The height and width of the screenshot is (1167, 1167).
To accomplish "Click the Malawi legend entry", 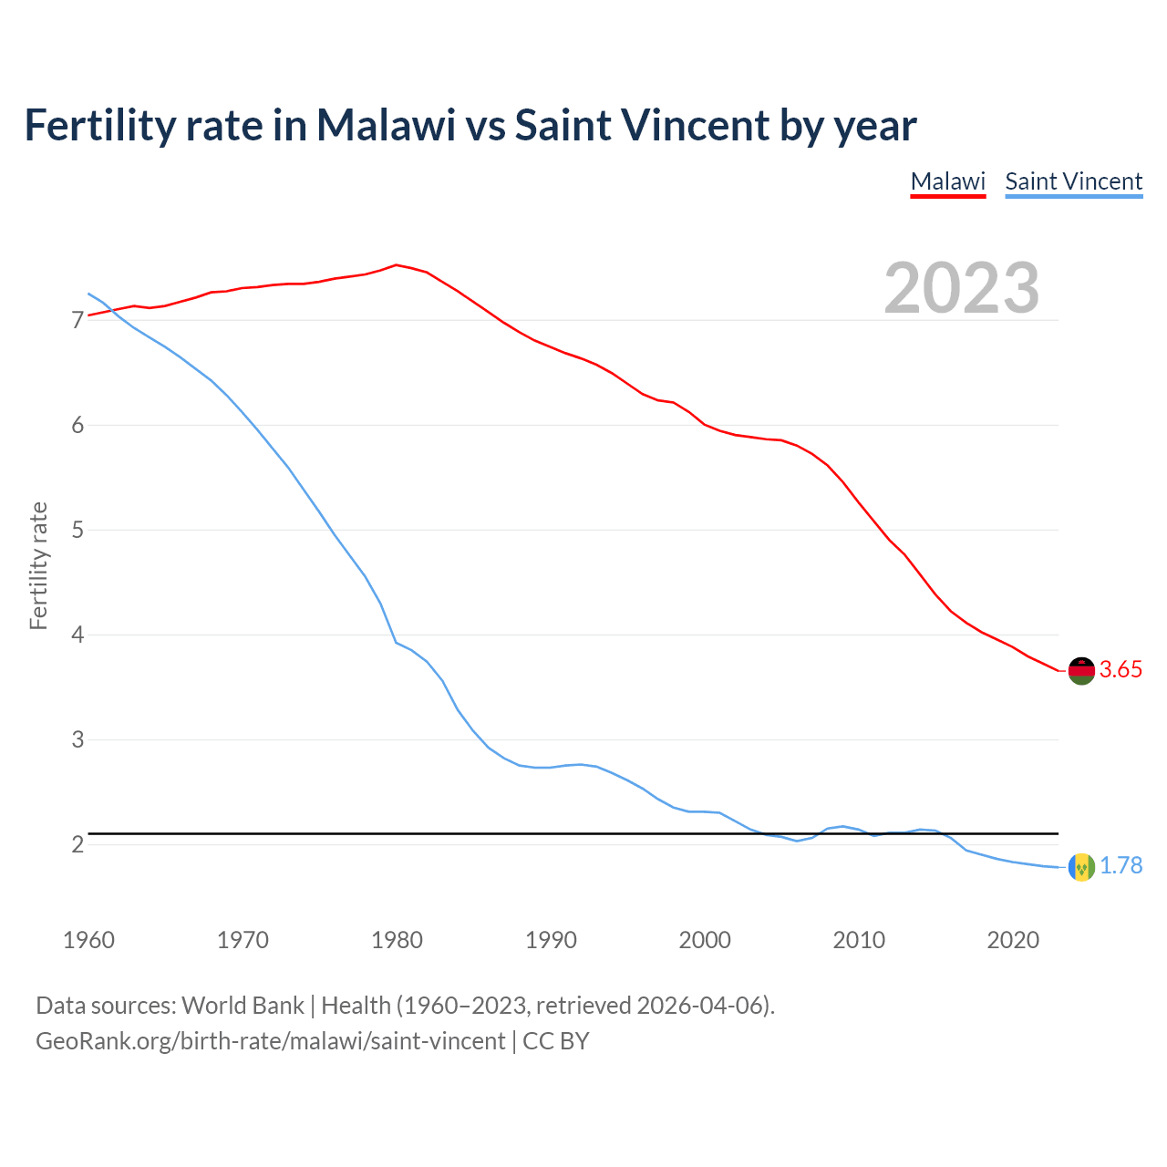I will (948, 181).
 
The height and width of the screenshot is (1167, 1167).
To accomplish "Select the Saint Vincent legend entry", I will (1073, 181).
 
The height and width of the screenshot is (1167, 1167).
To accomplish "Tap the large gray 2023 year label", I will (962, 288).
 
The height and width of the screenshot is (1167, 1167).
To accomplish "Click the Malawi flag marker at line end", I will (1080, 670).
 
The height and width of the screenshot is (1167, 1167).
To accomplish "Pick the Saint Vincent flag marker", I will (1080, 866).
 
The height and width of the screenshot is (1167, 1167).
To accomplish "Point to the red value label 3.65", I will (1121, 670).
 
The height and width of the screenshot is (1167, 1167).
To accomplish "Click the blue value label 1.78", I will (1121, 866).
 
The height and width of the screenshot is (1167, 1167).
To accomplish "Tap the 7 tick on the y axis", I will (77, 321).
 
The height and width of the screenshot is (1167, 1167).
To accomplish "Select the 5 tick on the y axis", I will (77, 530).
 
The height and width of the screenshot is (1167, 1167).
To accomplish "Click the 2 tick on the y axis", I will (77, 844).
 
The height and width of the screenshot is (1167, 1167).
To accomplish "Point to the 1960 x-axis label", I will (88, 940).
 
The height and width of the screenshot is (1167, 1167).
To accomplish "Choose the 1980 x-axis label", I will (397, 940).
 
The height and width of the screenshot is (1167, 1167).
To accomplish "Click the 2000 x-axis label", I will (705, 940).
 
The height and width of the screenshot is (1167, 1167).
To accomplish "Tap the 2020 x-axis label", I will (1013, 940).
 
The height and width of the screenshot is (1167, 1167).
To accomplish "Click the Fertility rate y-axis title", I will (38, 565).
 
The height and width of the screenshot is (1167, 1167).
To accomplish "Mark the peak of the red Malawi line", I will (396, 264).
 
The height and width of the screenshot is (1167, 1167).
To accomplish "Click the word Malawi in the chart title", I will (386, 125).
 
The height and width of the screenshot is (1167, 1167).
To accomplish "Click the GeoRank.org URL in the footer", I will (270, 1041).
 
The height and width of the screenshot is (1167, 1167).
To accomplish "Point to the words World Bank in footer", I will (243, 1006).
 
